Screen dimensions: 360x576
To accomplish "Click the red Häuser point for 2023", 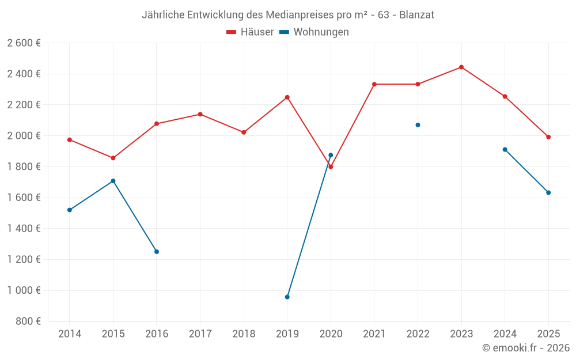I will [461, 67].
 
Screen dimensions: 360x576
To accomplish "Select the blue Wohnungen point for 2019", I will [287, 297].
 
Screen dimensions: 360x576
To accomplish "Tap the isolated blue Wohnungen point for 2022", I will [418, 125].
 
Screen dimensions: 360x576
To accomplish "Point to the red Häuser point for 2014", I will [70, 140].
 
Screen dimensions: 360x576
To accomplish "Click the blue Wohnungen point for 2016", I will [157, 252].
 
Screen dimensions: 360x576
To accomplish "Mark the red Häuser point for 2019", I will [287, 97].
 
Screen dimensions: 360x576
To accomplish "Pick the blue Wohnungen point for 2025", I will [548, 192].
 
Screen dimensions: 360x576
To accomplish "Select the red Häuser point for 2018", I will [244, 132].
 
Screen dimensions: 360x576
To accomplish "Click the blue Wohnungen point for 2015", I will [113, 181].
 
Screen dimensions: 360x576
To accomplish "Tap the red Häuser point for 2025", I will [548, 137].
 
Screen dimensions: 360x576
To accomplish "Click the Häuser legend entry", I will [250, 32].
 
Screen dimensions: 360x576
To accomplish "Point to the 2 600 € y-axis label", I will [24, 43].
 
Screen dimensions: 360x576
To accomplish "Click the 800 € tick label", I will [28, 321].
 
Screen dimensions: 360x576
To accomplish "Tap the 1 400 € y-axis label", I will [24, 229].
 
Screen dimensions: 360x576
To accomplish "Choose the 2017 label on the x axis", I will [200, 334].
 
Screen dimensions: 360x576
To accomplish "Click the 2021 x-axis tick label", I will [374, 334].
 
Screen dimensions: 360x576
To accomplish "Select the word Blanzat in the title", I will [417, 14].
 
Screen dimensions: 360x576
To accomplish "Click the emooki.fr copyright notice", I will [525, 348].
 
